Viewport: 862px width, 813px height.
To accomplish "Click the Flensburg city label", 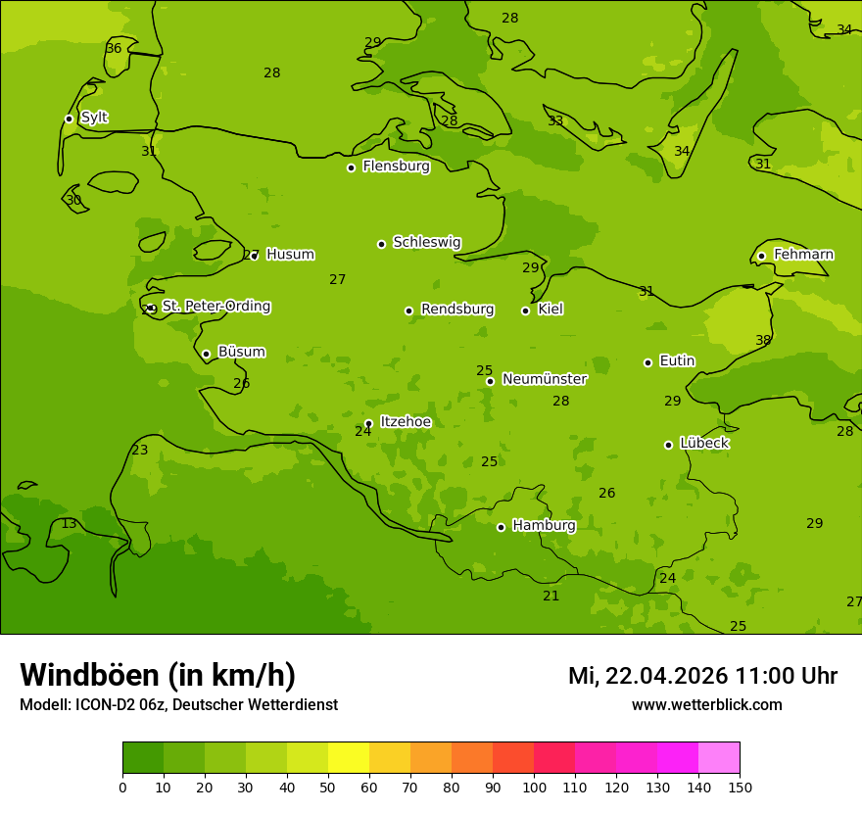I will (x=396, y=167).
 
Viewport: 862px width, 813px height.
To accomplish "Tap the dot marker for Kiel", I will (x=525, y=311).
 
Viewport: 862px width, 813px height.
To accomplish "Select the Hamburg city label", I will (x=544, y=526).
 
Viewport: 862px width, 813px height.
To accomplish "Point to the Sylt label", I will (x=94, y=118).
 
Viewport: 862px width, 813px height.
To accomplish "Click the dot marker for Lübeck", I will (x=668, y=445).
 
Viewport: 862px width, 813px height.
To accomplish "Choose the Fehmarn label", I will (x=803, y=255).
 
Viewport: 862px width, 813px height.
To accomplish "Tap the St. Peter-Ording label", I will (x=216, y=307).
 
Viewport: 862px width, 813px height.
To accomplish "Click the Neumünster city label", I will (x=544, y=379).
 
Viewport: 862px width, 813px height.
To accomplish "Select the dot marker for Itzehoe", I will (x=368, y=423).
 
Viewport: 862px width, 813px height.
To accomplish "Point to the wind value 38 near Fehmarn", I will (x=763, y=341).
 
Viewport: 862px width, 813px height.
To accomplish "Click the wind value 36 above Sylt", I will (x=114, y=49).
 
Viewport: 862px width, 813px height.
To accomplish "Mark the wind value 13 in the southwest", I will (x=69, y=524).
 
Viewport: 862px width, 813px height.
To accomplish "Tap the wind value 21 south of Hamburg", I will (x=551, y=597).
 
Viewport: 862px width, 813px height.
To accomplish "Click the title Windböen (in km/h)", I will (x=158, y=675).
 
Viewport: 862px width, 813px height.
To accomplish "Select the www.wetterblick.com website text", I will (x=706, y=705).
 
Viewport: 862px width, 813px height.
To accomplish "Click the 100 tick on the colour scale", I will (x=534, y=787).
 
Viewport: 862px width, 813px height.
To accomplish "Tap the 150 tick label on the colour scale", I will (x=740, y=787).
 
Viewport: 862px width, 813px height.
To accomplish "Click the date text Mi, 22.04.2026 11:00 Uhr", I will (x=702, y=676).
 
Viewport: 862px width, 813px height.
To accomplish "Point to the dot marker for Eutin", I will (x=647, y=362).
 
